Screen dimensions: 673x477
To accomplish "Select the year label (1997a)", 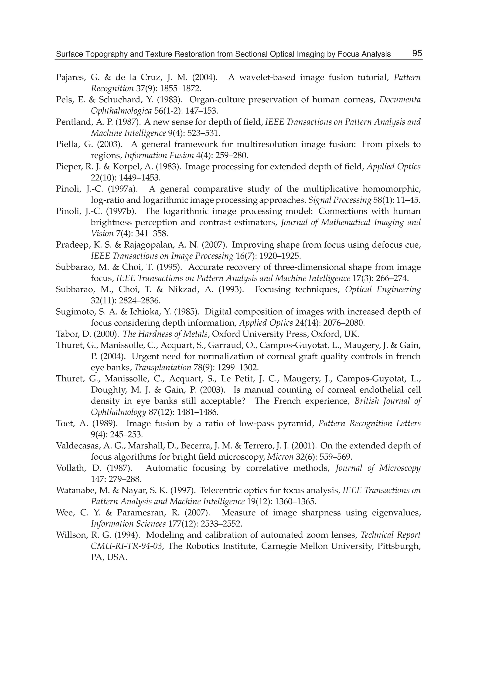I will pyautogui.click(x=123, y=189).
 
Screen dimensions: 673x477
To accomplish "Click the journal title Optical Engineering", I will pyautogui.click(x=383, y=290).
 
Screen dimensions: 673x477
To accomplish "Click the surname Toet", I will pyautogui.click(x=64, y=424).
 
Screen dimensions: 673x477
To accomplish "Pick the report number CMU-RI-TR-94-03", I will pyautogui.click(x=126, y=546).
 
